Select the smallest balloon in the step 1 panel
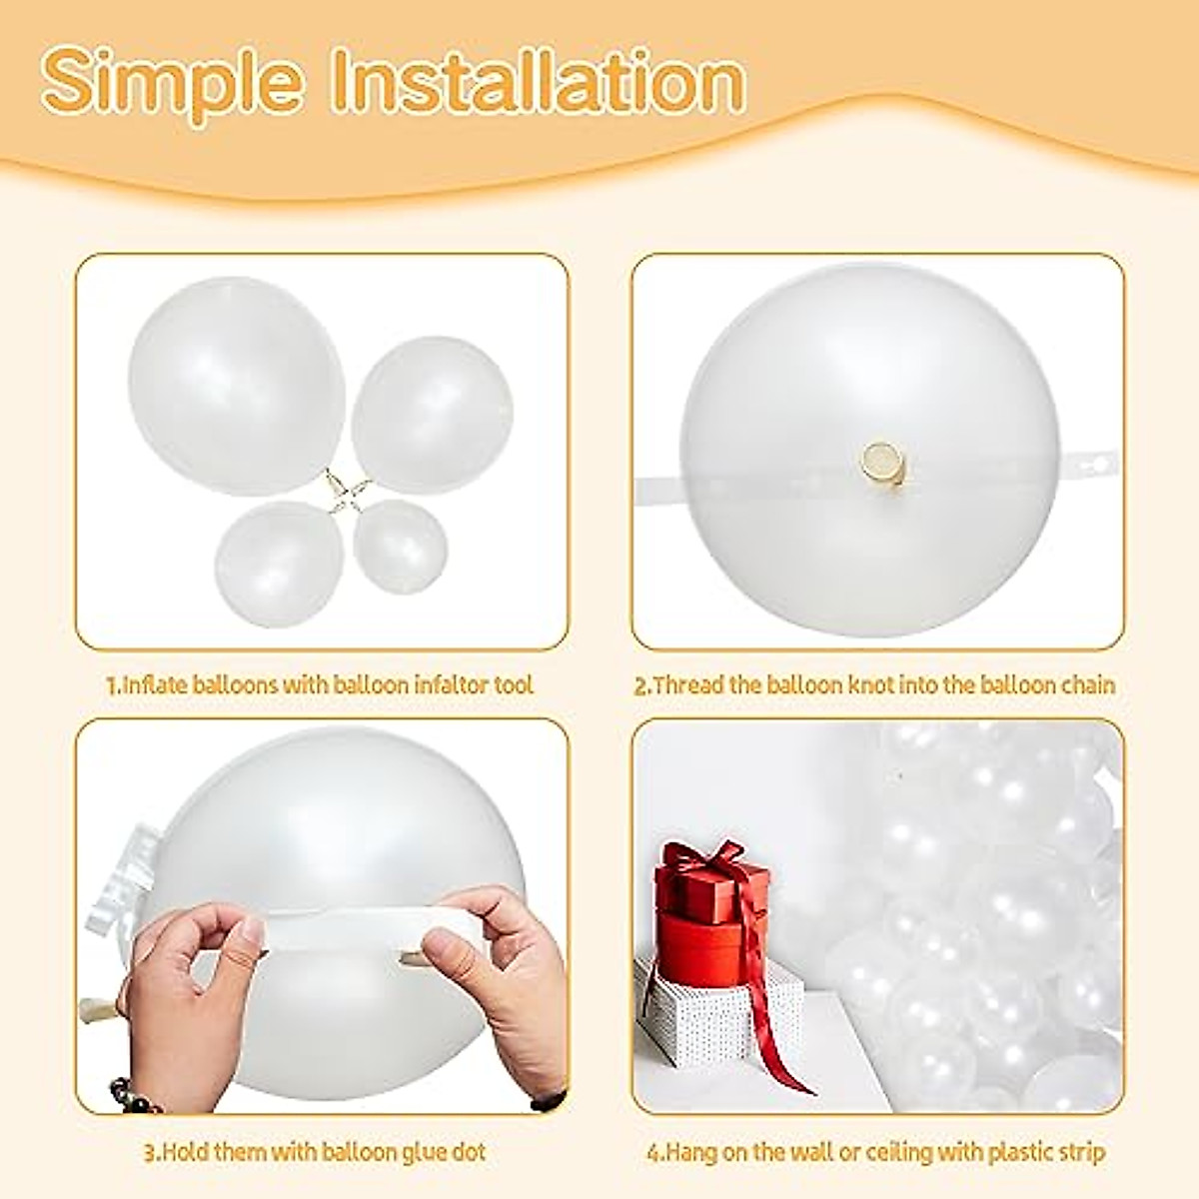pos(400,546)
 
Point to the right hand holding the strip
pos(500,959)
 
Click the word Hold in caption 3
pos(190,1152)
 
